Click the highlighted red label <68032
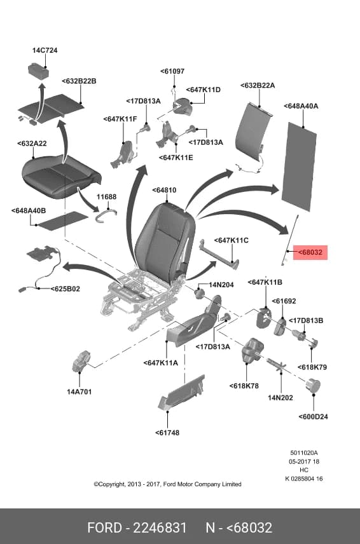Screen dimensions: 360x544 point(310,252)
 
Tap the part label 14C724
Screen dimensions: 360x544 point(45,50)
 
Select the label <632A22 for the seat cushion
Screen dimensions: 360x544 point(32,143)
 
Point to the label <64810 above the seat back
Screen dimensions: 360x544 point(164,190)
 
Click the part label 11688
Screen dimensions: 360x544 point(107,197)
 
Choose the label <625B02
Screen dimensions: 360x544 point(66,289)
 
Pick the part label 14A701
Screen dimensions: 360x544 point(79,391)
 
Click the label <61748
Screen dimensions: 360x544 point(167,433)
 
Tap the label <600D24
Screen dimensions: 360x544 point(313,417)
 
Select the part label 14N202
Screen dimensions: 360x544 point(280,398)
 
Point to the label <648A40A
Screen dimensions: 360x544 point(301,106)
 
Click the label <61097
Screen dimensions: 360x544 point(172,71)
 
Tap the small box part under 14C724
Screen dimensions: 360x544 point(38,71)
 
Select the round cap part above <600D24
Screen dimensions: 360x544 point(312,386)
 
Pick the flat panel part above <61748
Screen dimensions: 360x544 point(181,392)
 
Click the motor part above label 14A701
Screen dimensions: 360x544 point(81,361)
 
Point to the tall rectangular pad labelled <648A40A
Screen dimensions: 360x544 point(299,166)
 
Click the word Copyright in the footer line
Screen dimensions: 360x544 point(112,484)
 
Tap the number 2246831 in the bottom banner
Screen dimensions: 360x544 point(160,527)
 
